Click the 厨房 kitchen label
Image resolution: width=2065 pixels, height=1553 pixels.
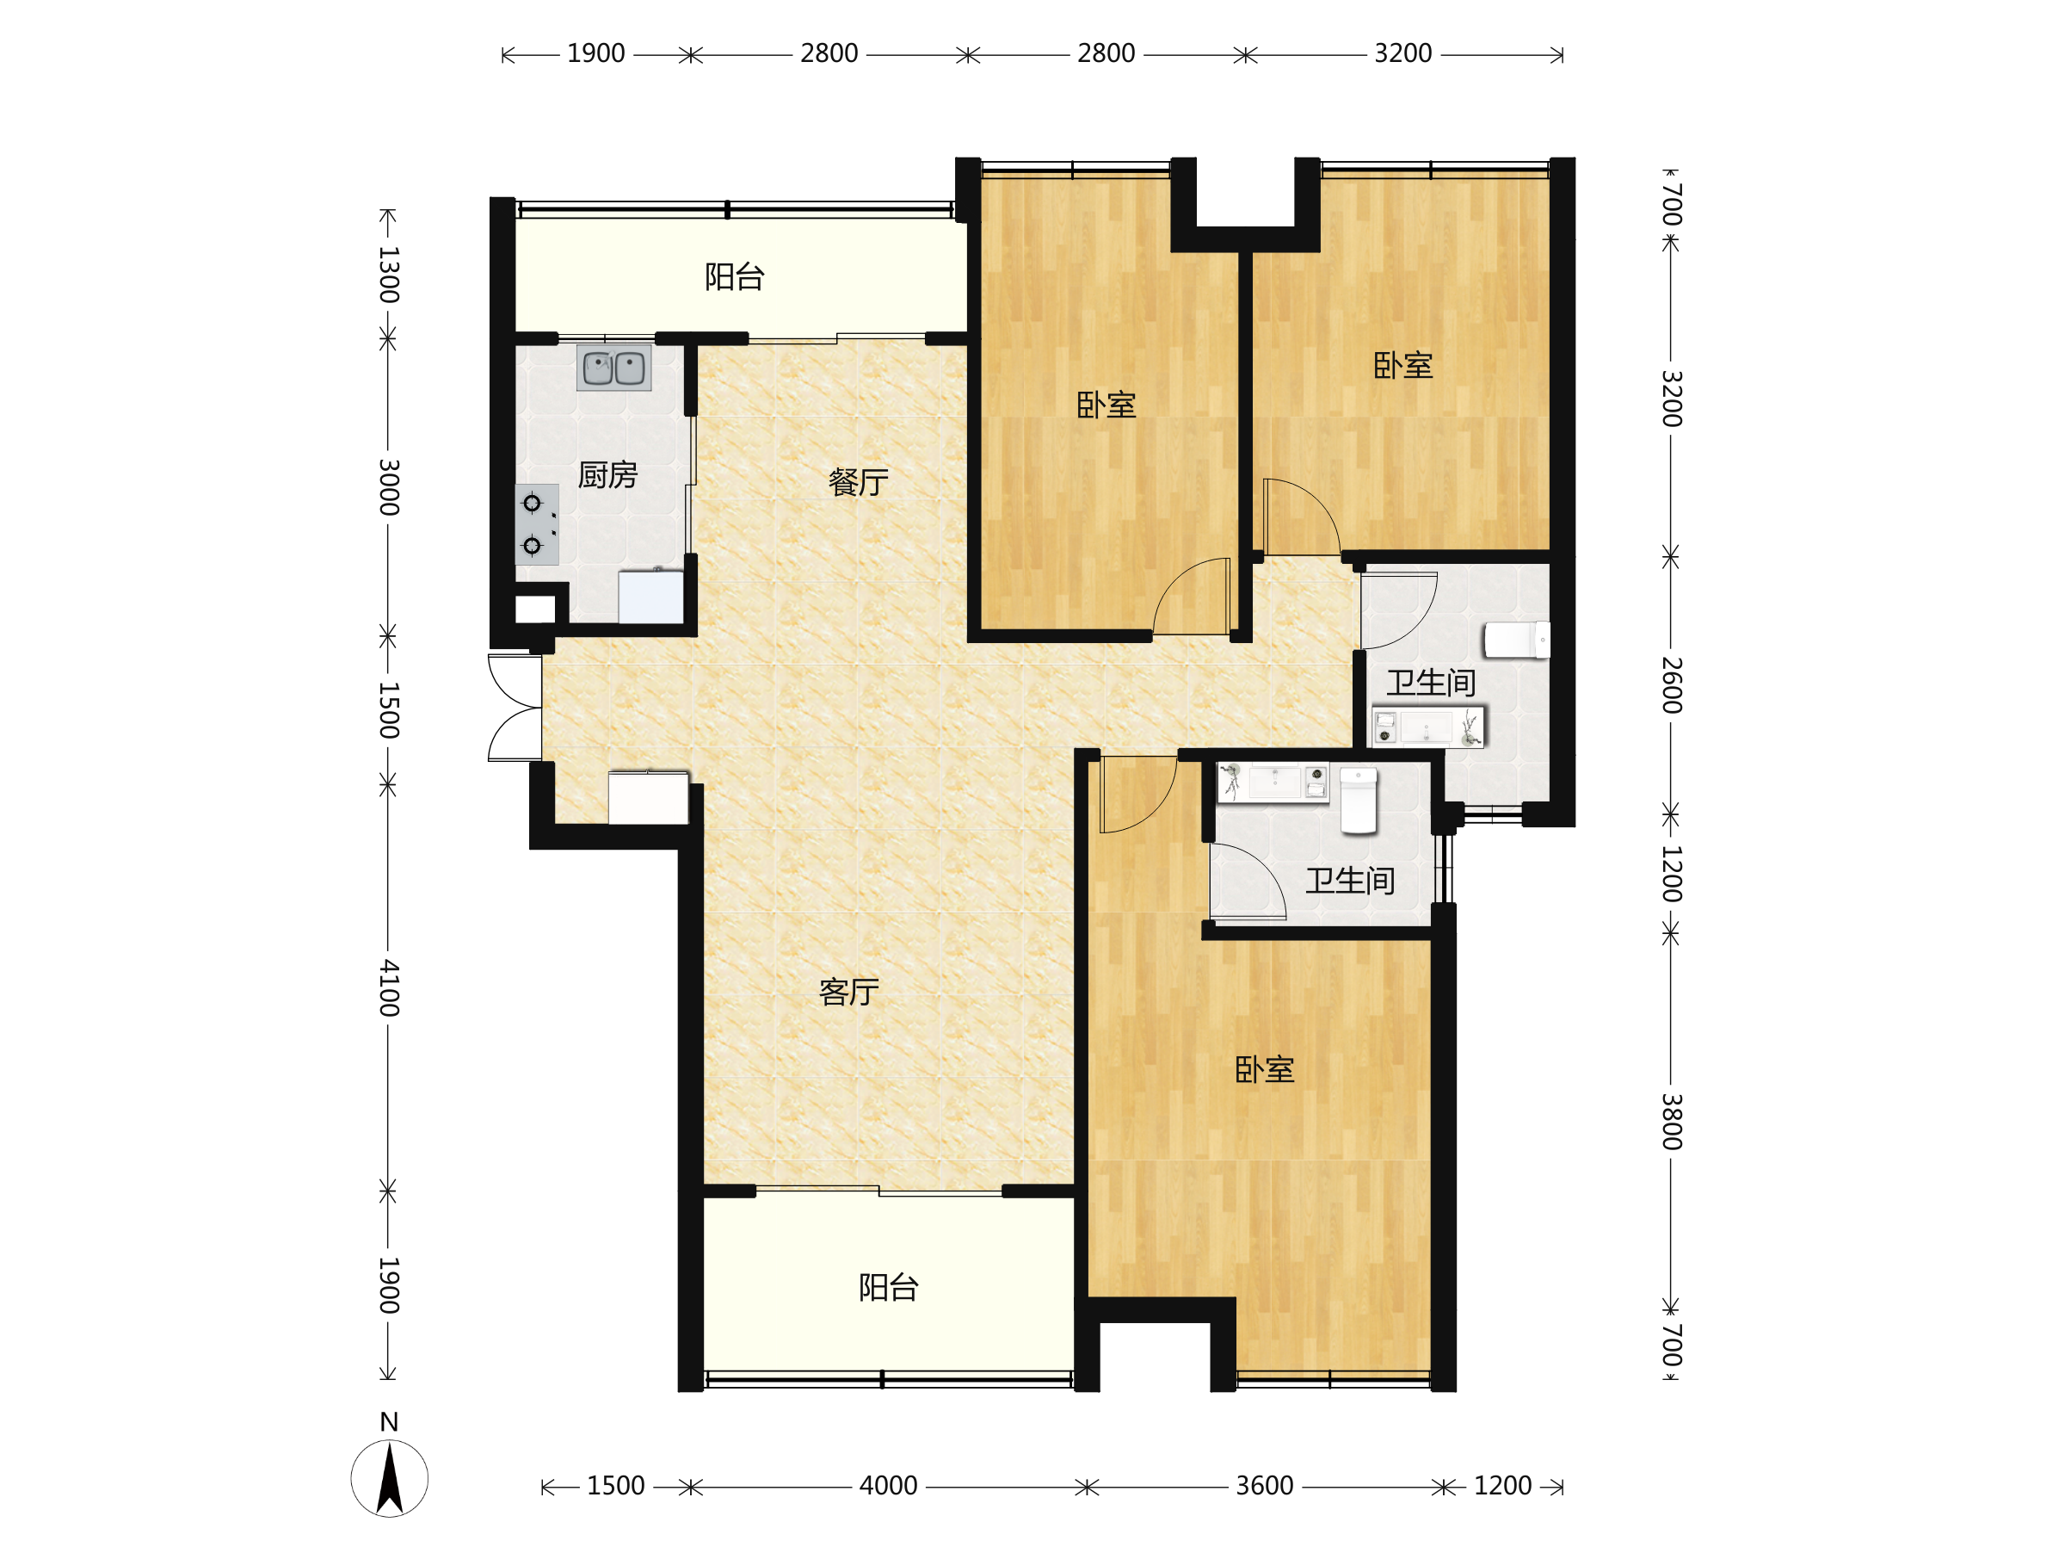click(x=607, y=475)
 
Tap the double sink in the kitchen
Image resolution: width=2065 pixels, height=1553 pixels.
click(x=613, y=368)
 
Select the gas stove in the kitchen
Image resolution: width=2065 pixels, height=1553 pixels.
click(x=537, y=524)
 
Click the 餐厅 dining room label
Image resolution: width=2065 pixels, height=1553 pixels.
click(x=858, y=482)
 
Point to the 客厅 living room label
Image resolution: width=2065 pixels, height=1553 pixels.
click(x=848, y=992)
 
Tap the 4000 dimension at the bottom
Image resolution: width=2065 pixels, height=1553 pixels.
click(x=888, y=1486)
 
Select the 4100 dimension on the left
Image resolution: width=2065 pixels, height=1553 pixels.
click(x=389, y=988)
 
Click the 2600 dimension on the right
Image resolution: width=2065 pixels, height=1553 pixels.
click(x=1671, y=685)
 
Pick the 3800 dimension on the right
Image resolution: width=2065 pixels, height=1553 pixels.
click(x=1671, y=1122)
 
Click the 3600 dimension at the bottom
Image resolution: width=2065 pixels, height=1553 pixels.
click(x=1264, y=1486)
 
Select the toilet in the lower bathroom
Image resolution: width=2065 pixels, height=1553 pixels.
click(x=1359, y=801)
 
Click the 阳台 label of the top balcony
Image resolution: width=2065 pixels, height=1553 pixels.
click(x=735, y=276)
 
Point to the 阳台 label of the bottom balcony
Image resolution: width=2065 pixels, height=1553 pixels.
click(x=889, y=1288)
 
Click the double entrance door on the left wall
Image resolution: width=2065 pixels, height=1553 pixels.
click(x=515, y=708)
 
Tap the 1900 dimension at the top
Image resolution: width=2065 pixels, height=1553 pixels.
click(x=595, y=53)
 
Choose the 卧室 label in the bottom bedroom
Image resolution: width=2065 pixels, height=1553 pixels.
click(x=1264, y=1070)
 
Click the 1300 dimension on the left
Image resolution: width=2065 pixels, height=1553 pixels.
click(x=389, y=275)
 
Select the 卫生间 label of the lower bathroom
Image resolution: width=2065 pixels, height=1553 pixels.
click(x=1350, y=881)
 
